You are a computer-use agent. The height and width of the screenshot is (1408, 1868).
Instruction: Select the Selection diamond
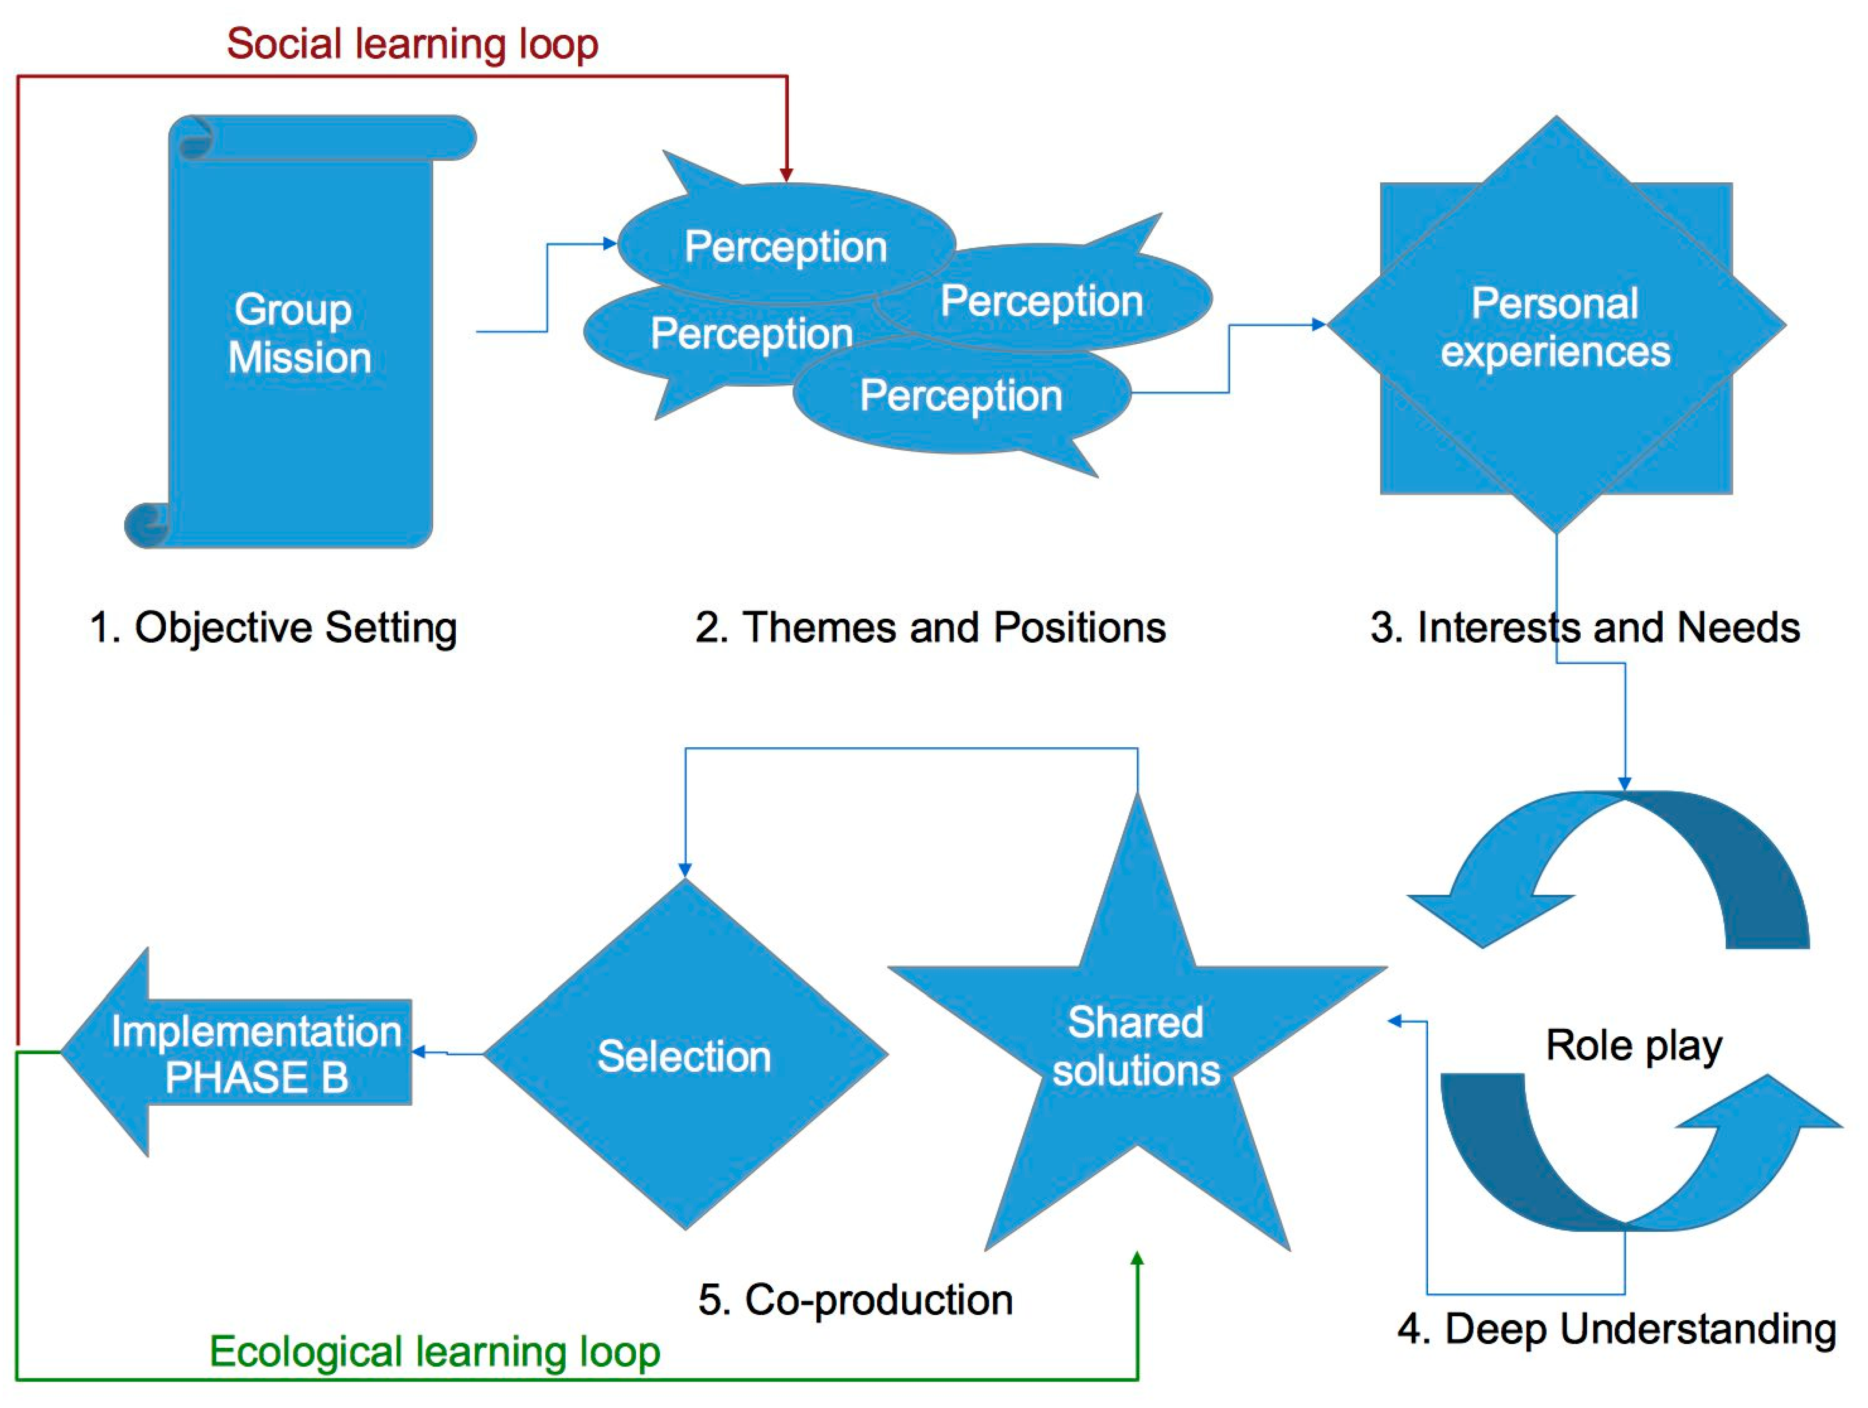point(685,1056)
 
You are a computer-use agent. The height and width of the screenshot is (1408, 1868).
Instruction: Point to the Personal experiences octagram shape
point(1555,328)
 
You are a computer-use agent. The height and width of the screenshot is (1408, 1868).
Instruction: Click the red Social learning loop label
point(412,44)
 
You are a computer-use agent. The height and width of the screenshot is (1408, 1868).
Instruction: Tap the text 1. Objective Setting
point(273,628)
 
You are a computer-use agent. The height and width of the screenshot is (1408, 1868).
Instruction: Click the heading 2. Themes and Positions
point(930,628)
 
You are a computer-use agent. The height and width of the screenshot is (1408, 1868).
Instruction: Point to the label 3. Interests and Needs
point(1584,628)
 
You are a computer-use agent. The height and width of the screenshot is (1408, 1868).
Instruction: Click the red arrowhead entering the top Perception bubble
point(786,175)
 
